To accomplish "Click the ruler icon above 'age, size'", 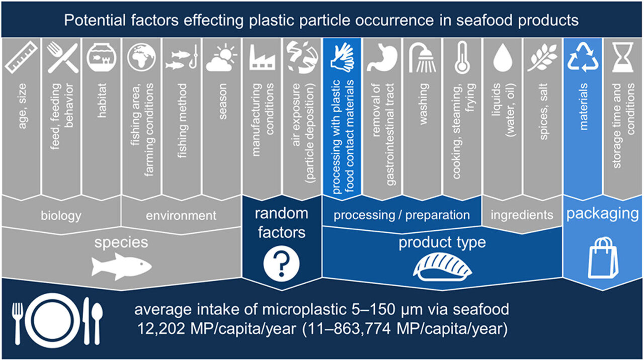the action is [x=21, y=57].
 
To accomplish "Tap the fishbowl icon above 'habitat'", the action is [x=101, y=57].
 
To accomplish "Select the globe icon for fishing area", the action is [x=141, y=57].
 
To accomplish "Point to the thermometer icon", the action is [x=462, y=58].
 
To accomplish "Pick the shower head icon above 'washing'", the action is [x=422, y=58].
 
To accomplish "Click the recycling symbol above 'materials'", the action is [x=583, y=57].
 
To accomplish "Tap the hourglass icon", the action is [x=623, y=57].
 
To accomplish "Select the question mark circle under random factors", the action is [x=281, y=263].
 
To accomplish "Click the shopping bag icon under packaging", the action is [x=603, y=258].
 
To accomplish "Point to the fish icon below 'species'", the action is [x=121, y=266].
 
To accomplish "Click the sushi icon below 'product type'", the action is [x=442, y=267].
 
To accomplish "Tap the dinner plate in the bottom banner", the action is [x=52, y=320].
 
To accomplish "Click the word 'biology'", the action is [x=61, y=216].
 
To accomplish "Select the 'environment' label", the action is [x=181, y=216].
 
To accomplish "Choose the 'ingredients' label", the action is [x=522, y=215].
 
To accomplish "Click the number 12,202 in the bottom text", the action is [x=161, y=328].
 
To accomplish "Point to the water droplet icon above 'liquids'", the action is [x=503, y=58].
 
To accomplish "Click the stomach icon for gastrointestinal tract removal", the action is [x=382, y=57].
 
